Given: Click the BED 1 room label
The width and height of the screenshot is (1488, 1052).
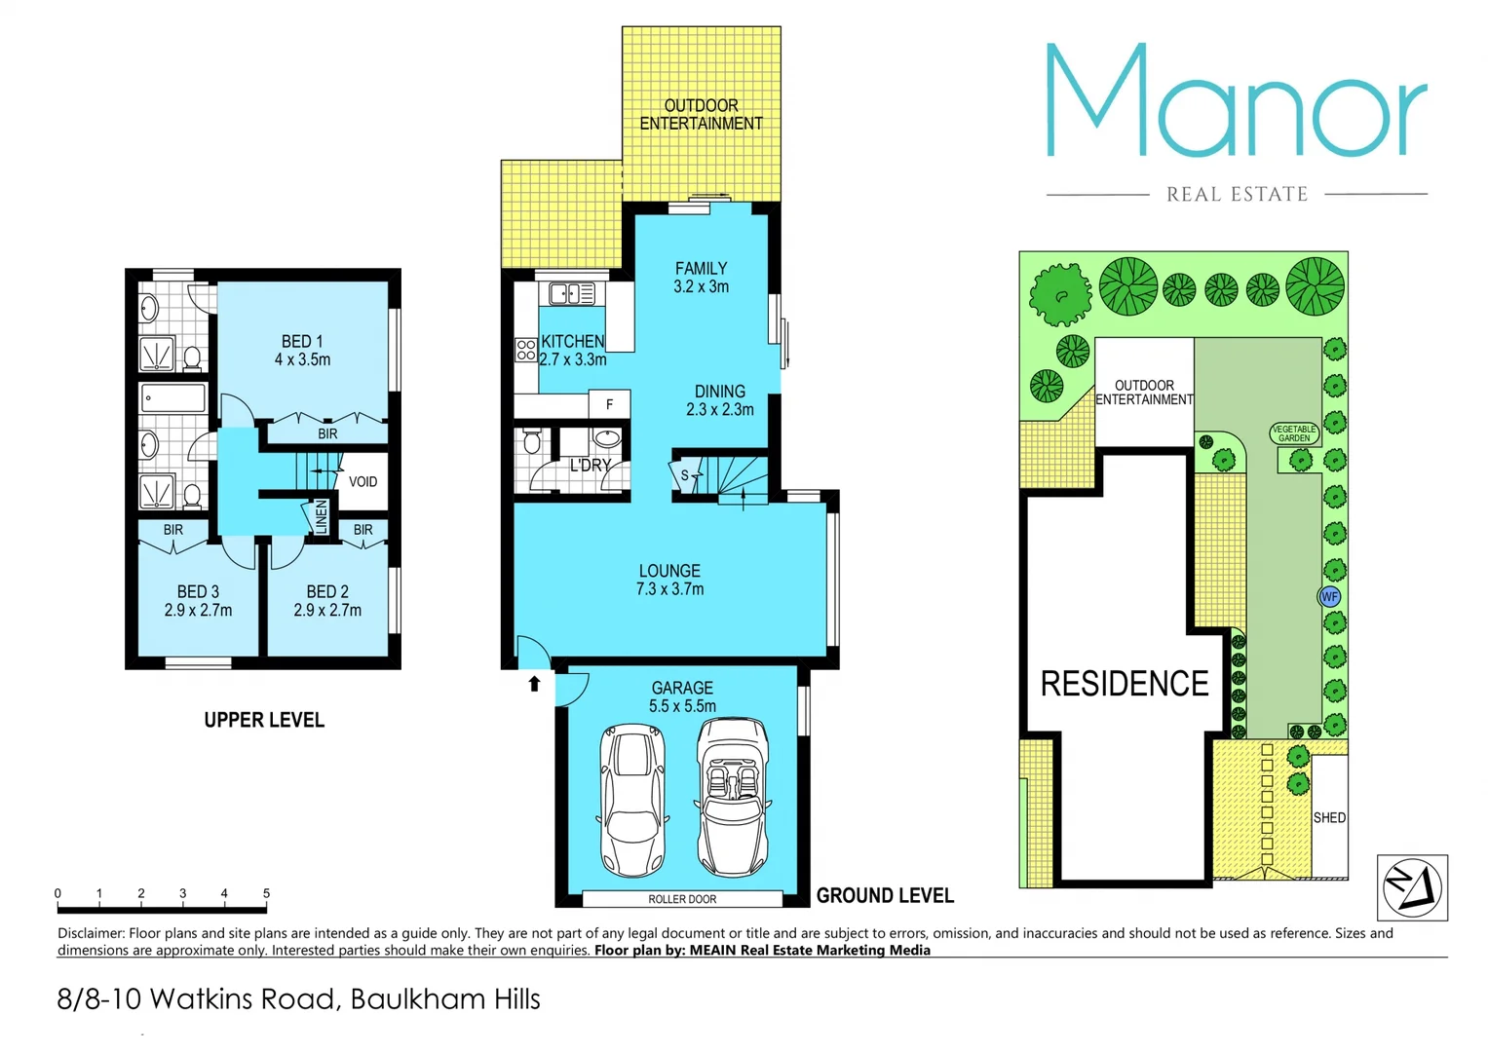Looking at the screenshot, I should tap(302, 351).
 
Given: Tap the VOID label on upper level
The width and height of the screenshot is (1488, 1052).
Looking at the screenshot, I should tap(362, 481).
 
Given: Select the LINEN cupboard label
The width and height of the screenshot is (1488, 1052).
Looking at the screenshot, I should tap(321, 516).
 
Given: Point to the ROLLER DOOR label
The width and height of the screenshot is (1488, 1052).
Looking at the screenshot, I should tap(682, 899).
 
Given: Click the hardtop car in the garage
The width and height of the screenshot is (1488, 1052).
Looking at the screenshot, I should tap(632, 801).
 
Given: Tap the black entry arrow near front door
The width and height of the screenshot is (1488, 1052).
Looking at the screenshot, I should tap(534, 684).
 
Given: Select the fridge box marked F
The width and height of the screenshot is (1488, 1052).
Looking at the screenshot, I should tap(610, 404).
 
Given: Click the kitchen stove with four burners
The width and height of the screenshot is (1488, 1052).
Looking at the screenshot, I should tap(526, 350).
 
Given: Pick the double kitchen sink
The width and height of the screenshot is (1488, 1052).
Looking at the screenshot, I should tap(572, 292).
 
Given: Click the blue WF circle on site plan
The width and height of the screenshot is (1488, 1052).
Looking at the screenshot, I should tap(1329, 596).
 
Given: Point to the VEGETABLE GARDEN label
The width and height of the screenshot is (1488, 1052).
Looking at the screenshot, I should tap(1294, 433).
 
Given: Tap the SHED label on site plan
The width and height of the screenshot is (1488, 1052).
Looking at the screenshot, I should tap(1329, 817).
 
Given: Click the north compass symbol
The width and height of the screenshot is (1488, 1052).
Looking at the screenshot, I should tap(1412, 887).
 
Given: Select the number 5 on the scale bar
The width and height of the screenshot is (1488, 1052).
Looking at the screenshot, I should tap(266, 893).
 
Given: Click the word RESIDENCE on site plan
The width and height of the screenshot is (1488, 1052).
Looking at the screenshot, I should tap(1125, 684).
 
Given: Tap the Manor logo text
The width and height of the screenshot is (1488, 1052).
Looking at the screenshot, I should tap(1236, 102).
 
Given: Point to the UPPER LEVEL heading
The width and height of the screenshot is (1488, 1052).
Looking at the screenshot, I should tap(264, 720).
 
